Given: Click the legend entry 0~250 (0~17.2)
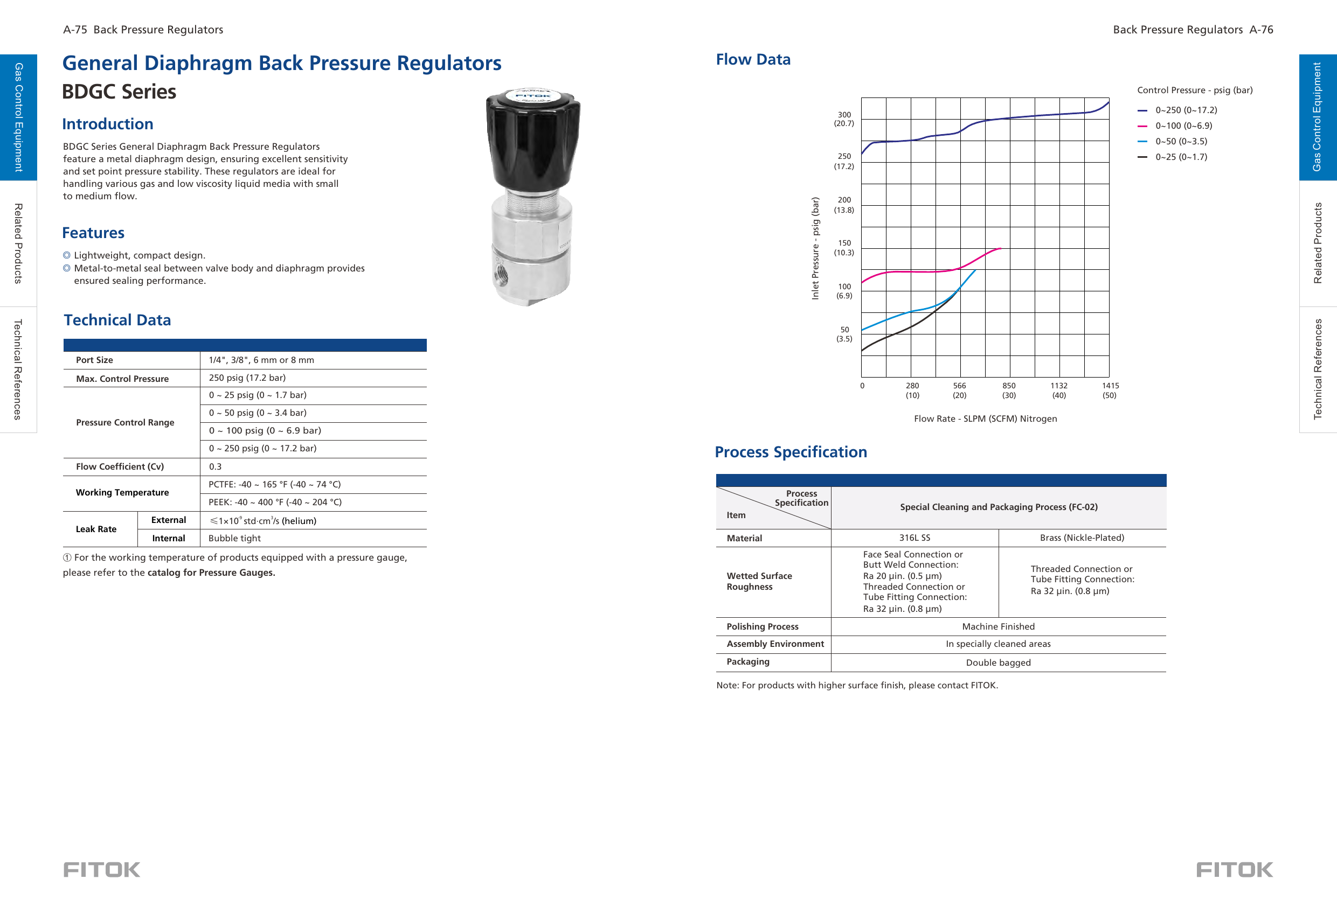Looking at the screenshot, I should (x=1185, y=110).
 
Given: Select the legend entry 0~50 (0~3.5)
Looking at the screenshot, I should (x=1181, y=142).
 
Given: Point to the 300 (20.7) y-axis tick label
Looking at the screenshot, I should (x=844, y=119).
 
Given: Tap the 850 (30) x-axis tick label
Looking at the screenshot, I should (x=1008, y=390).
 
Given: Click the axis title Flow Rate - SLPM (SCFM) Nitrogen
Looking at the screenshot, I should (x=985, y=418).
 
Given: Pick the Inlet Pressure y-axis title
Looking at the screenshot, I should (x=815, y=248).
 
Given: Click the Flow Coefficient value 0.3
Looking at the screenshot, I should (x=215, y=466).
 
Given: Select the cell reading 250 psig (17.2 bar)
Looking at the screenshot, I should (x=247, y=378).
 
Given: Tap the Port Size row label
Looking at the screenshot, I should (x=94, y=360).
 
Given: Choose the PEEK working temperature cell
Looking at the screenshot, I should (x=275, y=502).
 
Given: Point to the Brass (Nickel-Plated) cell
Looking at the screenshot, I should (x=1082, y=538).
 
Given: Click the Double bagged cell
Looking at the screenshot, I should (x=998, y=662).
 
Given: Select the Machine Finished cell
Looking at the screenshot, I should (x=998, y=626).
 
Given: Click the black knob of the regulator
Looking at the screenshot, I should (x=533, y=141).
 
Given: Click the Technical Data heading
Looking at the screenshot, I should (x=117, y=320).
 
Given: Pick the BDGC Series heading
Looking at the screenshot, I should (x=119, y=92).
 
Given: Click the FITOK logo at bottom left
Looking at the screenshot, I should (x=102, y=869).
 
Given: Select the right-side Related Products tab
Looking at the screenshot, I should (x=1318, y=243).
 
